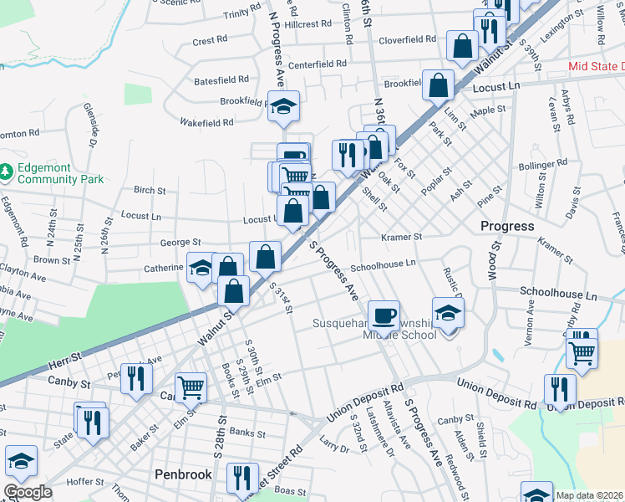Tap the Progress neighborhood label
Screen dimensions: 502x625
(x=507, y=226)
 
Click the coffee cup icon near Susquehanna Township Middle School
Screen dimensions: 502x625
(x=384, y=315)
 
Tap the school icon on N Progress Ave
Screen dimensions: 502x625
(x=283, y=105)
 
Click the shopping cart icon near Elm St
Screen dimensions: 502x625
(x=191, y=387)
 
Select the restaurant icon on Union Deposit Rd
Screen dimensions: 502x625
(x=560, y=388)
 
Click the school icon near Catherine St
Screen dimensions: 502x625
(x=201, y=268)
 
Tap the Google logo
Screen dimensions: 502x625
(x=28, y=492)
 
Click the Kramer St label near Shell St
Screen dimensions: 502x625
(x=402, y=237)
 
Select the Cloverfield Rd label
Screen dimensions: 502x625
(x=408, y=38)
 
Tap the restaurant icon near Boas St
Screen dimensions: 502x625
(x=241, y=478)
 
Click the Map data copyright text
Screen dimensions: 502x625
(x=588, y=495)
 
